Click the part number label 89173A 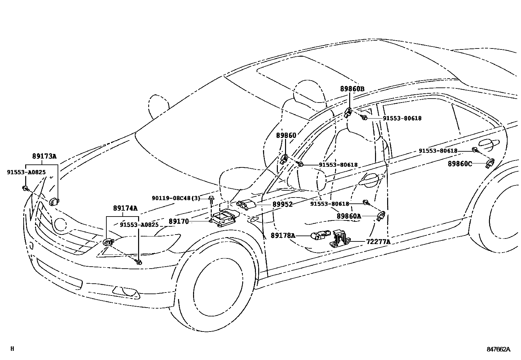pos(44,156)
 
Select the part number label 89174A pos(125,208)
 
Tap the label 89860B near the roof pos(352,89)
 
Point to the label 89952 pos(282,204)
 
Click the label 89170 pos(179,221)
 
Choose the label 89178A pos(283,235)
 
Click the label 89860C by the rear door pos(460,163)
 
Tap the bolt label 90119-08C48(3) pos(176,198)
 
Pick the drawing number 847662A pos(498,349)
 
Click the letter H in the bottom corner pos(12,349)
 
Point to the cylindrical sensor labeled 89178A pos(319,235)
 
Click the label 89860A pos(349,216)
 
